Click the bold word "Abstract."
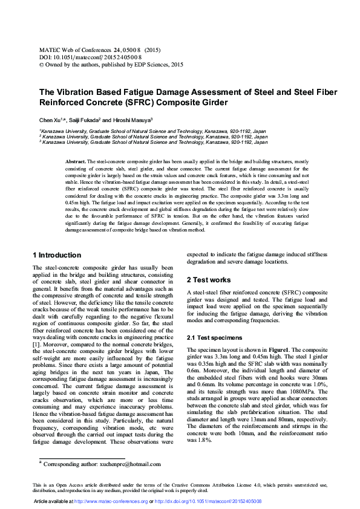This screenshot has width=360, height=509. [76, 162]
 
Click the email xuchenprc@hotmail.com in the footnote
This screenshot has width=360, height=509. [127, 464]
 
